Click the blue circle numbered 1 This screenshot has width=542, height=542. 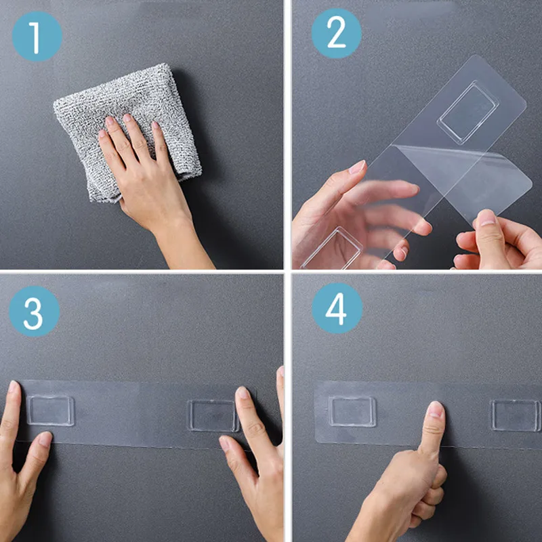(x=37, y=37)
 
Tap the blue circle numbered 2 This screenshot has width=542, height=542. (x=336, y=33)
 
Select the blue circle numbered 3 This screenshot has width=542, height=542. (x=35, y=312)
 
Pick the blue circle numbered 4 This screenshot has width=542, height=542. (x=337, y=308)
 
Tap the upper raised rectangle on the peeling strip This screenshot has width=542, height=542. (x=468, y=112)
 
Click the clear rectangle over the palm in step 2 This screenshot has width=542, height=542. (x=332, y=248)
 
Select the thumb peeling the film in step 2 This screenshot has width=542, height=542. (x=488, y=238)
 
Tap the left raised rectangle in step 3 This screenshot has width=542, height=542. (x=50, y=411)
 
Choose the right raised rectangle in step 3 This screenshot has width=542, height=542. (x=213, y=416)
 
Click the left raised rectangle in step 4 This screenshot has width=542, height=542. (x=352, y=411)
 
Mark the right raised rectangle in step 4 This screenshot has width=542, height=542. (x=516, y=415)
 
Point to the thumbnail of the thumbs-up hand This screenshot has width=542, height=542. (x=436, y=410)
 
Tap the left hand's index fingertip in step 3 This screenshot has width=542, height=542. (x=14, y=387)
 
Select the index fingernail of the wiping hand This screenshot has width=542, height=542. (x=110, y=121)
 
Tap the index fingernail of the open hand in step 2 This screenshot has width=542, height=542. (x=358, y=167)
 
